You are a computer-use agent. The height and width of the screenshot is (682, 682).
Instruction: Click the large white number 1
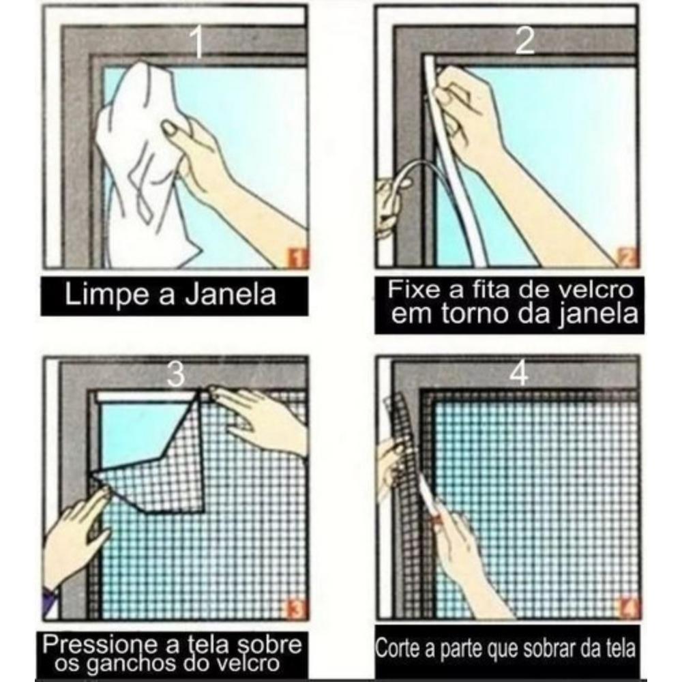point(197,42)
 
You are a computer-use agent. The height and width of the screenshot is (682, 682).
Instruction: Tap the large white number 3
point(176,374)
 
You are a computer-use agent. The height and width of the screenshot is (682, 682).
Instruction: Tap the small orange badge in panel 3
point(298,608)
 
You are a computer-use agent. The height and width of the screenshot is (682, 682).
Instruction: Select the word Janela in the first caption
point(231,294)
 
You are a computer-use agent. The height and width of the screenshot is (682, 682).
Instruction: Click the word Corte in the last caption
point(398,649)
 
